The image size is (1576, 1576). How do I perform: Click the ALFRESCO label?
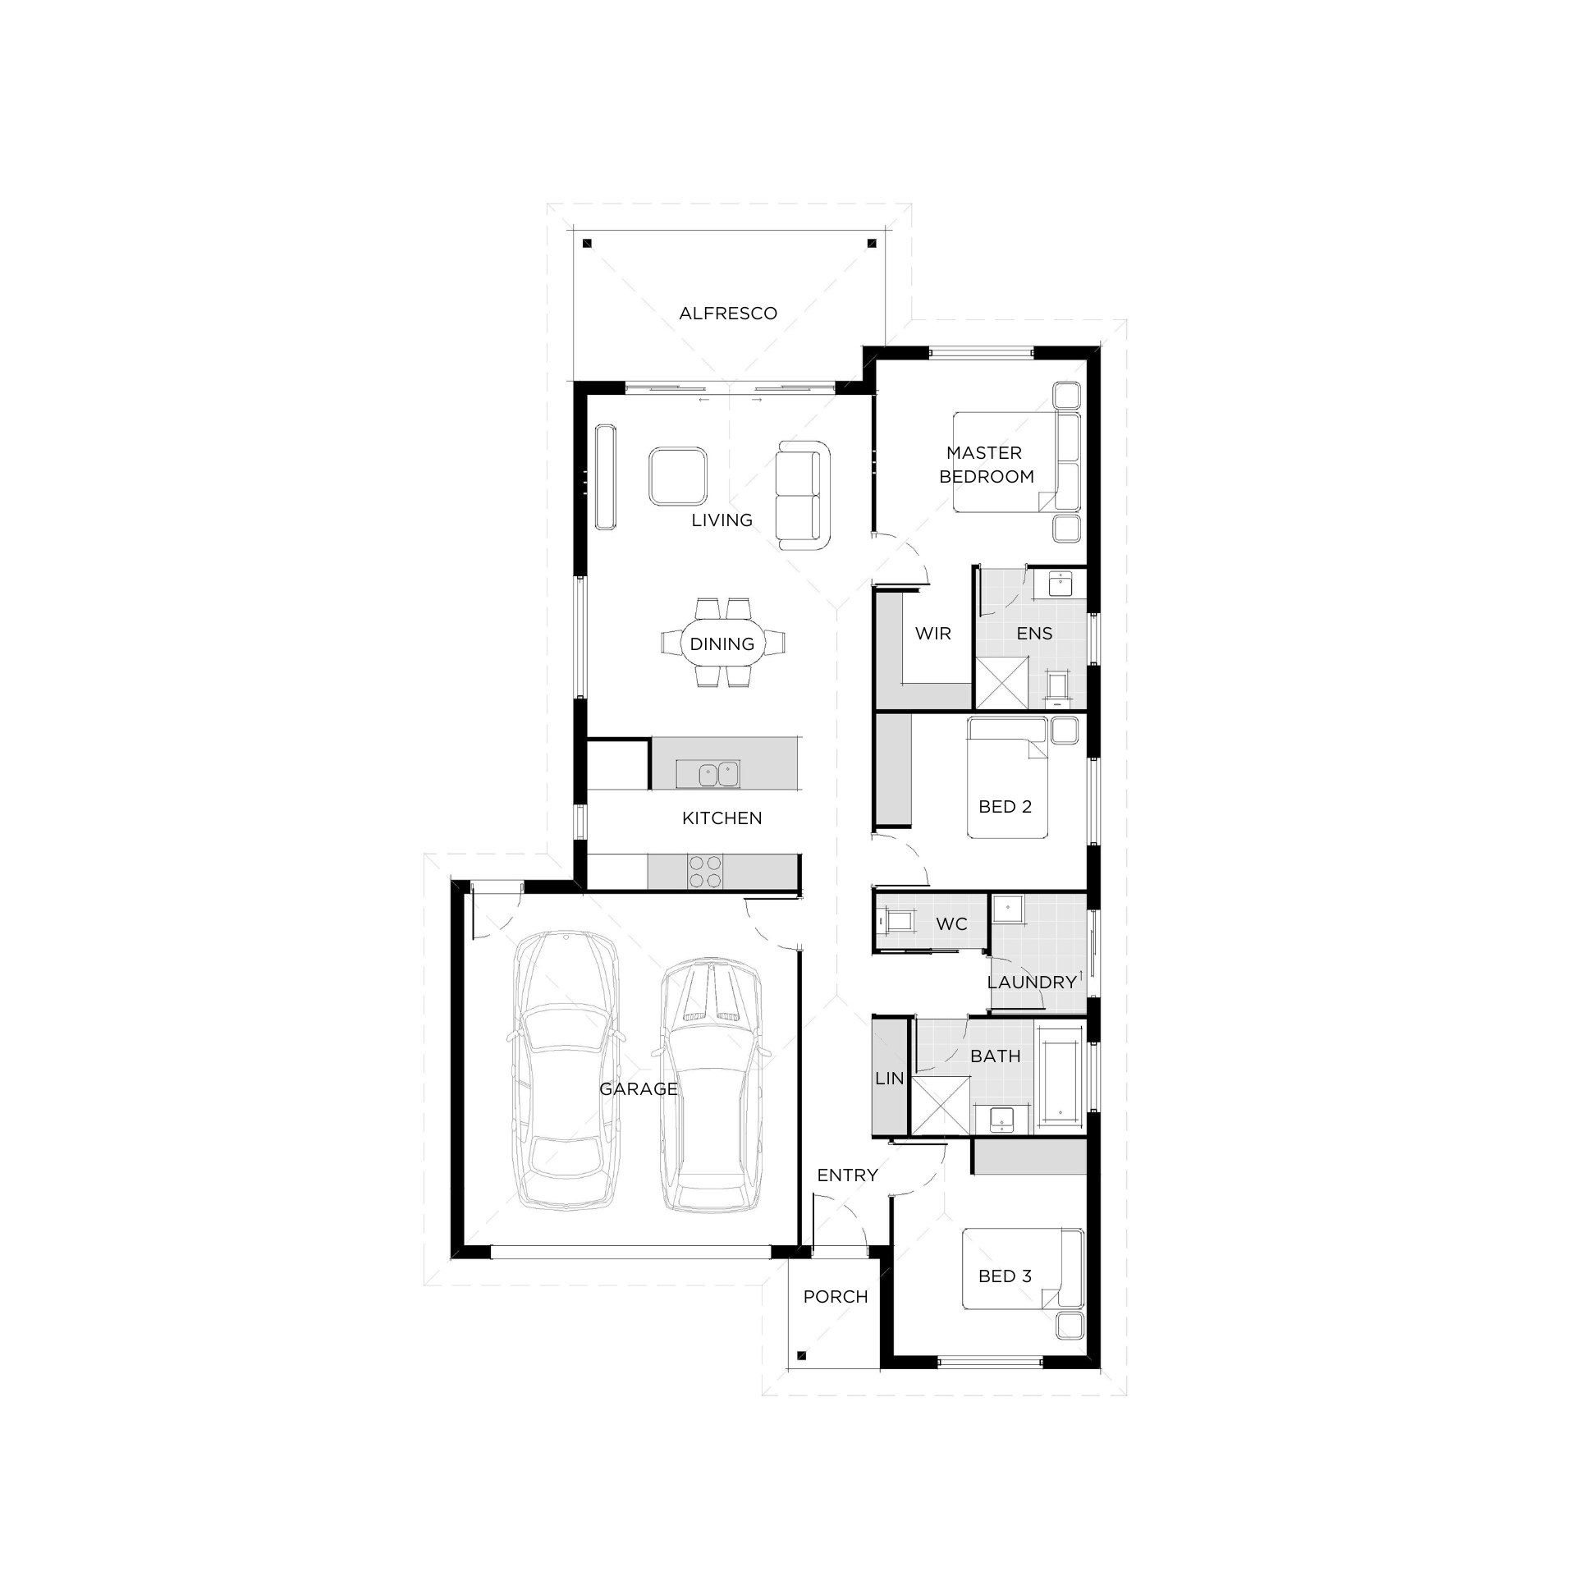pyautogui.click(x=727, y=314)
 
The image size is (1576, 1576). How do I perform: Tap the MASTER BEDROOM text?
pyautogui.click(x=986, y=465)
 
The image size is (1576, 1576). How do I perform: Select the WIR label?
pyautogui.click(x=932, y=634)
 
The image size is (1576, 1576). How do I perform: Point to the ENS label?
pyautogui.click(x=1034, y=634)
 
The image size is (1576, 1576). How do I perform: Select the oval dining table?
pyautogui.click(x=722, y=644)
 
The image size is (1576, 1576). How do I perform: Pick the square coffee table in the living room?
pyautogui.click(x=677, y=476)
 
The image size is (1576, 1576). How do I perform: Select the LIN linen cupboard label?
pyautogui.click(x=889, y=1079)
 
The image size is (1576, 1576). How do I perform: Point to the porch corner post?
pyautogui.click(x=802, y=1355)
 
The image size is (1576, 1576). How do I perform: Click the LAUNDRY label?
pyautogui.click(x=1032, y=983)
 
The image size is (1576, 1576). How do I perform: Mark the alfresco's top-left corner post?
pyautogui.click(x=587, y=243)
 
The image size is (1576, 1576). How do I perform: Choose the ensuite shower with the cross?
pyautogui.click(x=1001, y=682)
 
